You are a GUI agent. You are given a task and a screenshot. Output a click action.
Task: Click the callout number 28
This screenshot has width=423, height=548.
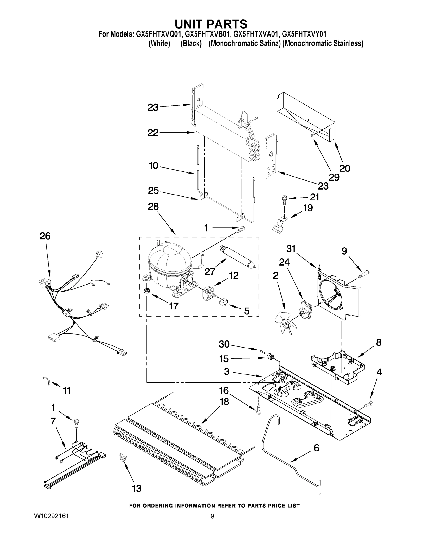pos(153,206)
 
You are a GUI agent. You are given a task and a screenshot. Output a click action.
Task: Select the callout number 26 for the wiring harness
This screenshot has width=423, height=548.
pos(45,236)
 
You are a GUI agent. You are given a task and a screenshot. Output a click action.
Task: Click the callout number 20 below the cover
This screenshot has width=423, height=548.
pos(345,168)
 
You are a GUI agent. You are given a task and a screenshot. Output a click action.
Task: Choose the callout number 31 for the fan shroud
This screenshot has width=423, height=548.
pos(291,249)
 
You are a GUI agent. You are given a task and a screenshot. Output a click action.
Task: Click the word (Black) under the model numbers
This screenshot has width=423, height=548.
pos(191,43)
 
